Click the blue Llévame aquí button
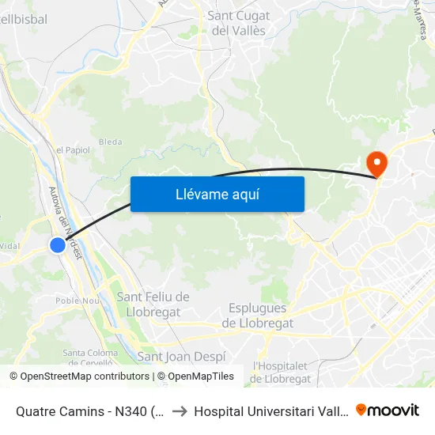point(217,194)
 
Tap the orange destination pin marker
point(377,164)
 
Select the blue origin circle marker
point(58,245)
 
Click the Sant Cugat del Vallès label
point(237,23)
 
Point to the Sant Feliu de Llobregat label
point(153,303)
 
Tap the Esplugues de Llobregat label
point(258,315)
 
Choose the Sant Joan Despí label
point(182,357)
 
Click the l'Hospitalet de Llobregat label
point(282,372)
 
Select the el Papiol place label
point(72,149)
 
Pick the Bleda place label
point(110,142)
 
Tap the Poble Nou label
point(76,301)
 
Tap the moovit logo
point(388,410)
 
